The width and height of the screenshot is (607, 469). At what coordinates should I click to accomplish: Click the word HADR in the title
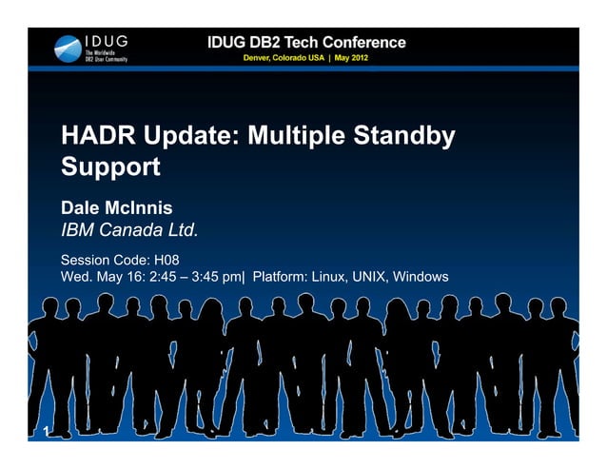coord(102,137)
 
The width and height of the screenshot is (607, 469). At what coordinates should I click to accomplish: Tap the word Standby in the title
coord(404,137)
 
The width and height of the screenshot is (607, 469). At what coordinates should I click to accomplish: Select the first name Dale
coord(83,206)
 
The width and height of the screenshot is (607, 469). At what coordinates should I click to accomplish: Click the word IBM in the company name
coord(80,229)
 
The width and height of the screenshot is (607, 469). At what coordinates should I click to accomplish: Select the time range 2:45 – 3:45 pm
coord(195,277)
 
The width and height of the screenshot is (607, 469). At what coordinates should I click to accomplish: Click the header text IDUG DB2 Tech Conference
coord(306,43)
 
